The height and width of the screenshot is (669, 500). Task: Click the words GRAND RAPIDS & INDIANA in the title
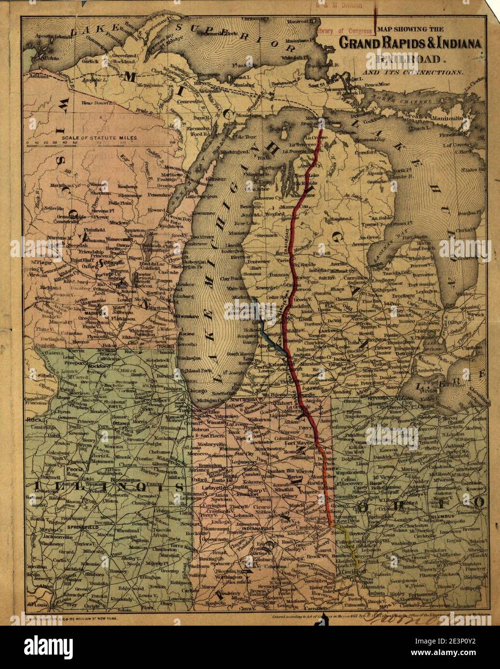[x=411, y=43]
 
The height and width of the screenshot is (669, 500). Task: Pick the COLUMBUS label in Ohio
[x=441, y=516]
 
